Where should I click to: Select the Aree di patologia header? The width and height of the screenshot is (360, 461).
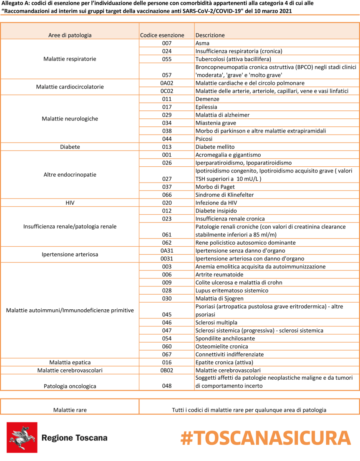[70, 35]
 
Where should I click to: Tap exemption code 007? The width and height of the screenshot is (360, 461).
[166, 43]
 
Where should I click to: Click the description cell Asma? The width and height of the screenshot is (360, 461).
[202, 43]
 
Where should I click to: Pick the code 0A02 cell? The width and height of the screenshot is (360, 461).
[166, 83]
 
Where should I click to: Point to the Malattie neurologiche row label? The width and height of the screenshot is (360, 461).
[70, 119]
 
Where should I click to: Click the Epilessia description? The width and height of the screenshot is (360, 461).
[207, 107]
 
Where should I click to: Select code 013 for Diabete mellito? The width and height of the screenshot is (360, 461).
[166, 147]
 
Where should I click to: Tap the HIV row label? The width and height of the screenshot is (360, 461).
[70, 203]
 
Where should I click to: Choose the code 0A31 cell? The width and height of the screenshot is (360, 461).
[166, 251]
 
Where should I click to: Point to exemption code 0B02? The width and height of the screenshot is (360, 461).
[166, 371]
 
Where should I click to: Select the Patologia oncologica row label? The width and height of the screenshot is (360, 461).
[70, 386]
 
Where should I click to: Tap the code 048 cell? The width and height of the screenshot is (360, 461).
[166, 386]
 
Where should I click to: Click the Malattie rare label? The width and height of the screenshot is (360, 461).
[70, 410]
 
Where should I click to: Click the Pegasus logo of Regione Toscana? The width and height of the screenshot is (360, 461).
[22, 437]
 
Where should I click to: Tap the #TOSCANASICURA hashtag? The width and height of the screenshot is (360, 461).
[266, 438]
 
